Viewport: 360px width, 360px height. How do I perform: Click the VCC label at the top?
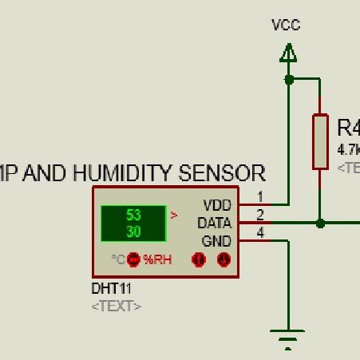tap(286, 25)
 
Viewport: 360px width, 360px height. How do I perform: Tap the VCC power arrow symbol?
tap(288, 53)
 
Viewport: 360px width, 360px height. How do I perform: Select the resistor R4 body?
tap(320, 141)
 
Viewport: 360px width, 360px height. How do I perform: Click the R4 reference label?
tap(348, 128)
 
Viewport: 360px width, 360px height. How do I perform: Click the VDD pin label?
tap(217, 205)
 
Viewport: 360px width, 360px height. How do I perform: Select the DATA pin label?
tap(215, 223)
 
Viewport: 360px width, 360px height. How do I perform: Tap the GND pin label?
tap(216, 240)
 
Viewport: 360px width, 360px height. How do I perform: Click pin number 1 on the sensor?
tap(259, 196)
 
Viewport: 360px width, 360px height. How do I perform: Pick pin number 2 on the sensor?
tap(259, 215)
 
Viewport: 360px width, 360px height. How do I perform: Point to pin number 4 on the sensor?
tap(259, 232)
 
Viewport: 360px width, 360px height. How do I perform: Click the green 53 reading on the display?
tap(133, 215)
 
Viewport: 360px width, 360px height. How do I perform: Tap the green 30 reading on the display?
tap(133, 230)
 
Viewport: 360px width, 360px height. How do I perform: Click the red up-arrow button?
tap(199, 259)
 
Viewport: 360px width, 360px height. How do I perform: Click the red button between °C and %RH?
tap(133, 259)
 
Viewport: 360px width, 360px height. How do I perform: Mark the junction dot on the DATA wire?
tap(320, 224)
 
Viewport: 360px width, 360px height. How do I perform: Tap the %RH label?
tap(157, 259)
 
